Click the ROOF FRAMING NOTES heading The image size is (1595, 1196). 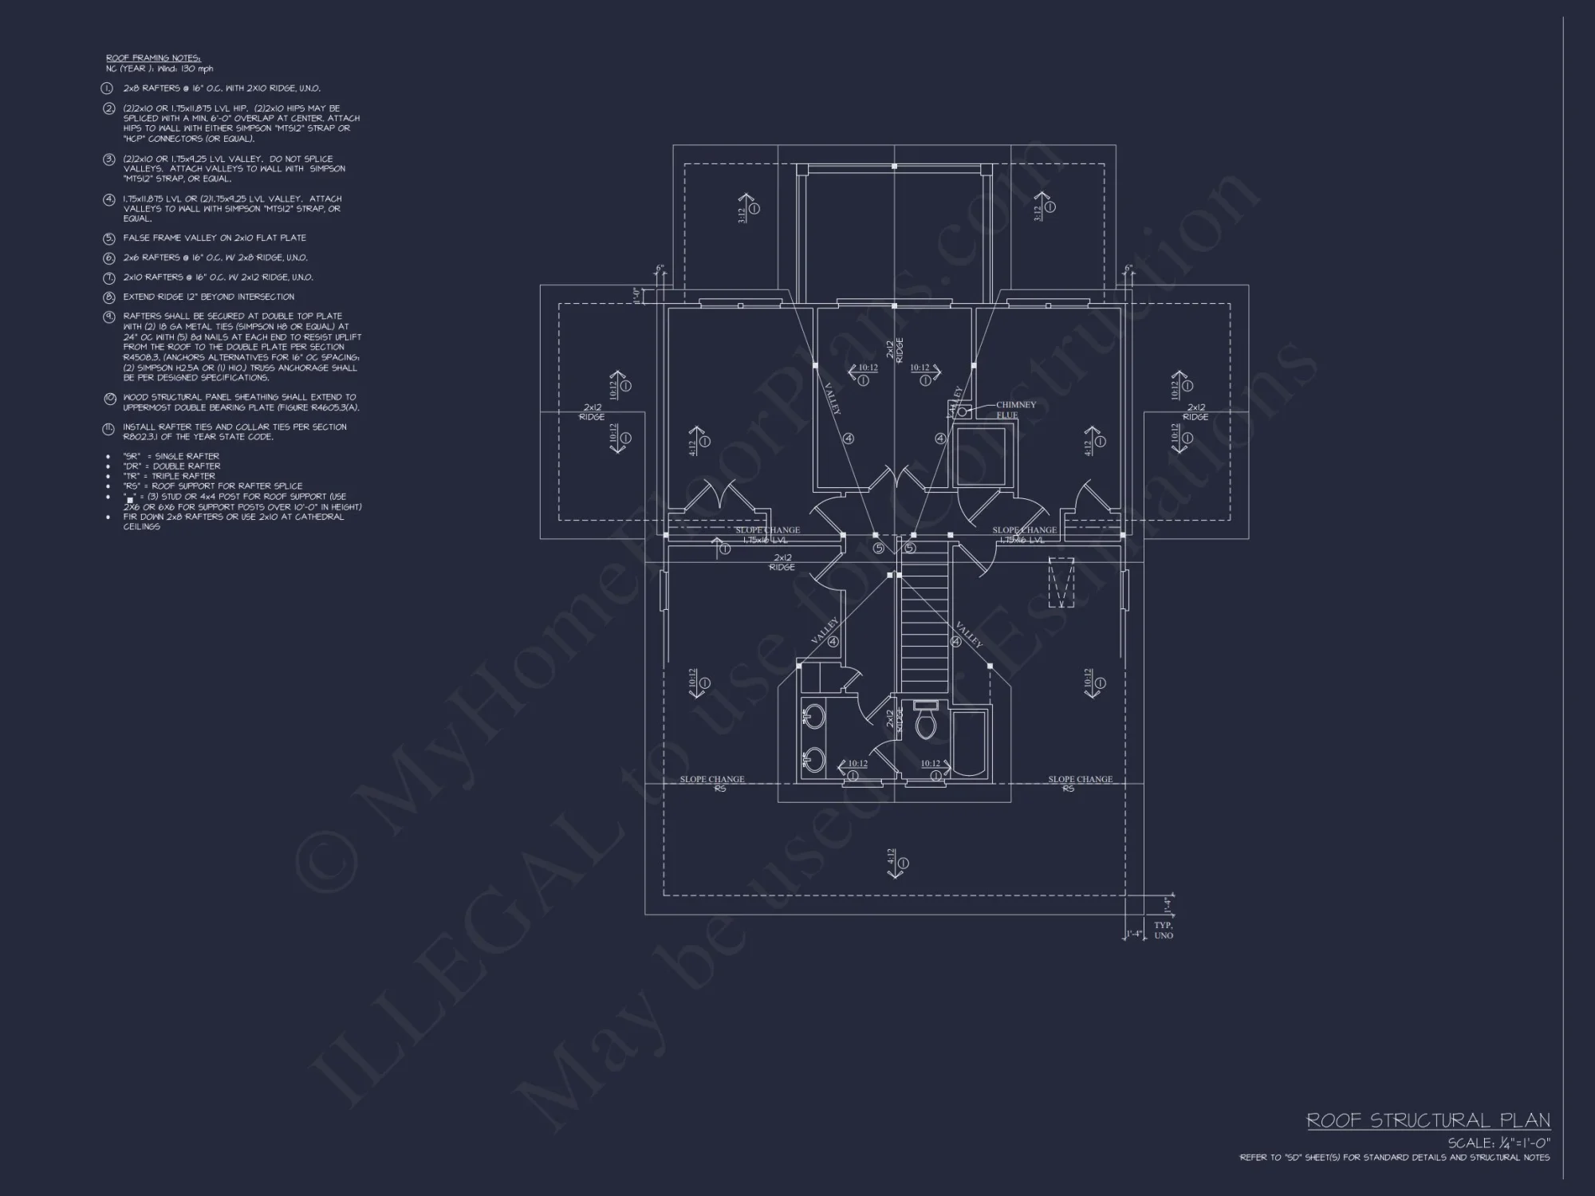[x=153, y=58]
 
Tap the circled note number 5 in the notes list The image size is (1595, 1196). [x=109, y=238]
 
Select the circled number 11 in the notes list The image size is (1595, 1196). [x=109, y=430]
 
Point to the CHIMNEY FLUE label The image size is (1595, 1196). [x=1015, y=410]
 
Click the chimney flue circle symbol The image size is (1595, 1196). [x=962, y=411]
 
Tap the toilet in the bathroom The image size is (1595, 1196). [x=926, y=722]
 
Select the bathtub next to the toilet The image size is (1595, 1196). [x=970, y=742]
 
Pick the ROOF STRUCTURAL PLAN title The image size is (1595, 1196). [x=1428, y=1120]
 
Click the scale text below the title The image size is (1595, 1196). [x=1499, y=1143]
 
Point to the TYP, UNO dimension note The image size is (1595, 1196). [x=1163, y=930]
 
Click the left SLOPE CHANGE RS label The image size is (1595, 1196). [x=712, y=784]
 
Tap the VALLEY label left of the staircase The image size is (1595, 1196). [x=825, y=631]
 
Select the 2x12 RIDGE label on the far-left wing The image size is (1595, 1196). [x=592, y=412]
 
